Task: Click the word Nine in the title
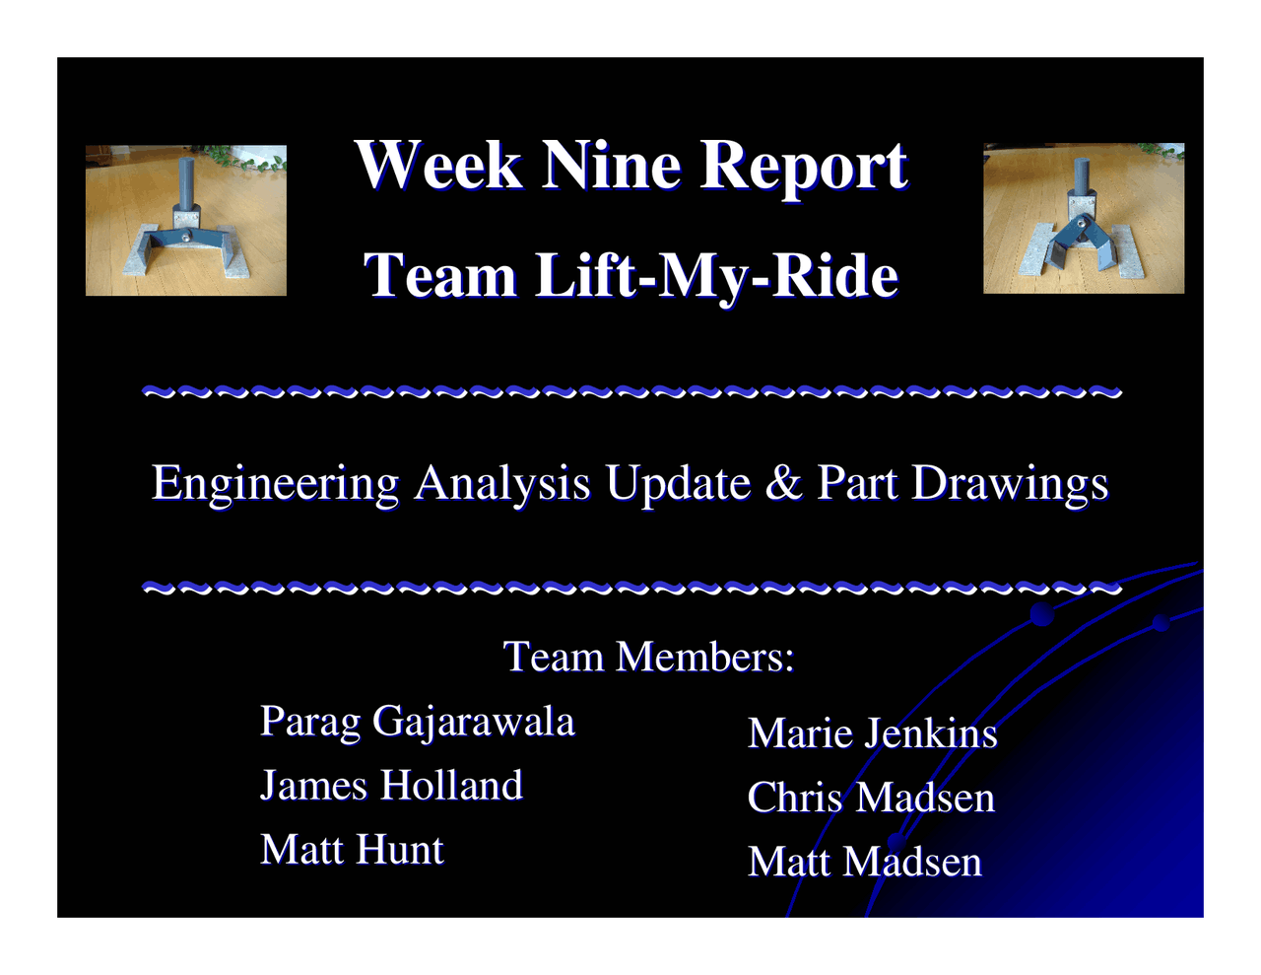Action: pyautogui.click(x=611, y=165)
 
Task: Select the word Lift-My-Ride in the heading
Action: pyautogui.click(x=716, y=275)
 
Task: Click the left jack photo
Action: pyautogui.click(x=186, y=220)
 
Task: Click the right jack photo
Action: pyautogui.click(x=1084, y=218)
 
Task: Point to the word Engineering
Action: pyautogui.click(x=275, y=484)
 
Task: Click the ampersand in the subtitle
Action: pyautogui.click(x=783, y=483)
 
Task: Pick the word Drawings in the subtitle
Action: pyautogui.click(x=1010, y=484)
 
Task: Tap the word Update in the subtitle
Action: pyautogui.click(x=678, y=484)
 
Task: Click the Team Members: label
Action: pyautogui.click(x=648, y=657)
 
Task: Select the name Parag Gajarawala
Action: pyautogui.click(x=417, y=722)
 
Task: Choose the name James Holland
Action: pyautogui.click(x=391, y=786)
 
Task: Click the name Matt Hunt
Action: pyautogui.click(x=352, y=850)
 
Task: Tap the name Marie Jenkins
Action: pyautogui.click(x=872, y=733)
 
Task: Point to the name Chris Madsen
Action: pyautogui.click(x=871, y=798)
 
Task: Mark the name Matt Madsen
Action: pyautogui.click(x=864, y=862)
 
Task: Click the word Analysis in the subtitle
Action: pyautogui.click(x=501, y=484)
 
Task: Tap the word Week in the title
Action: pyautogui.click(x=438, y=165)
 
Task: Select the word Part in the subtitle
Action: pyautogui.click(x=857, y=483)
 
